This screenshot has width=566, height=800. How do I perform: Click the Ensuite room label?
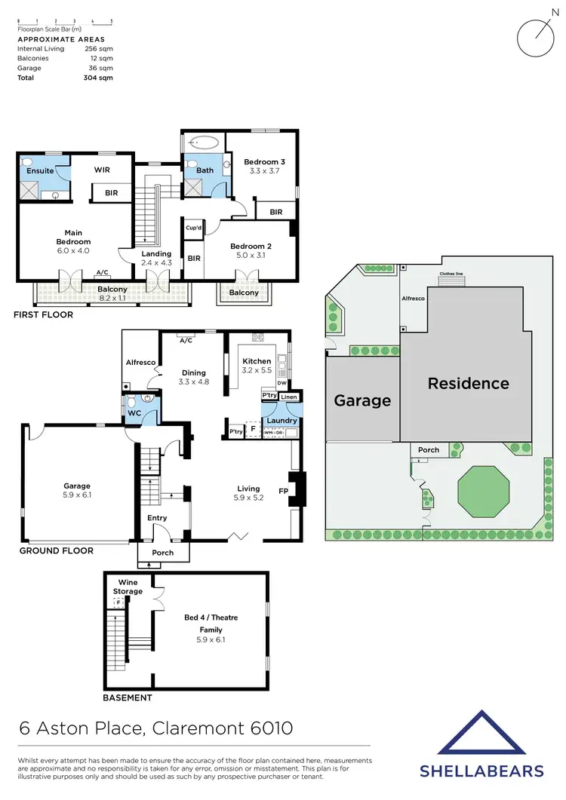point(40,170)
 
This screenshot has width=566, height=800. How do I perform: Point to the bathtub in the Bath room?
point(202,141)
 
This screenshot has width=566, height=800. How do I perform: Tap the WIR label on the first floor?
point(102,170)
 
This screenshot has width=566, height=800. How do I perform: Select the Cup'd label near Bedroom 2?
point(194,228)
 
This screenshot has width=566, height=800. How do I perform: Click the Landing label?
point(156,254)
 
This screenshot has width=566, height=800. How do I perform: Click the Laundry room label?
point(281,421)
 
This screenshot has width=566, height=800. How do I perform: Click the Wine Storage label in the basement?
point(128,587)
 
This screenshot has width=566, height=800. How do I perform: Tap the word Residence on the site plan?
point(468,383)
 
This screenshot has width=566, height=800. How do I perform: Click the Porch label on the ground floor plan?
point(162,553)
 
